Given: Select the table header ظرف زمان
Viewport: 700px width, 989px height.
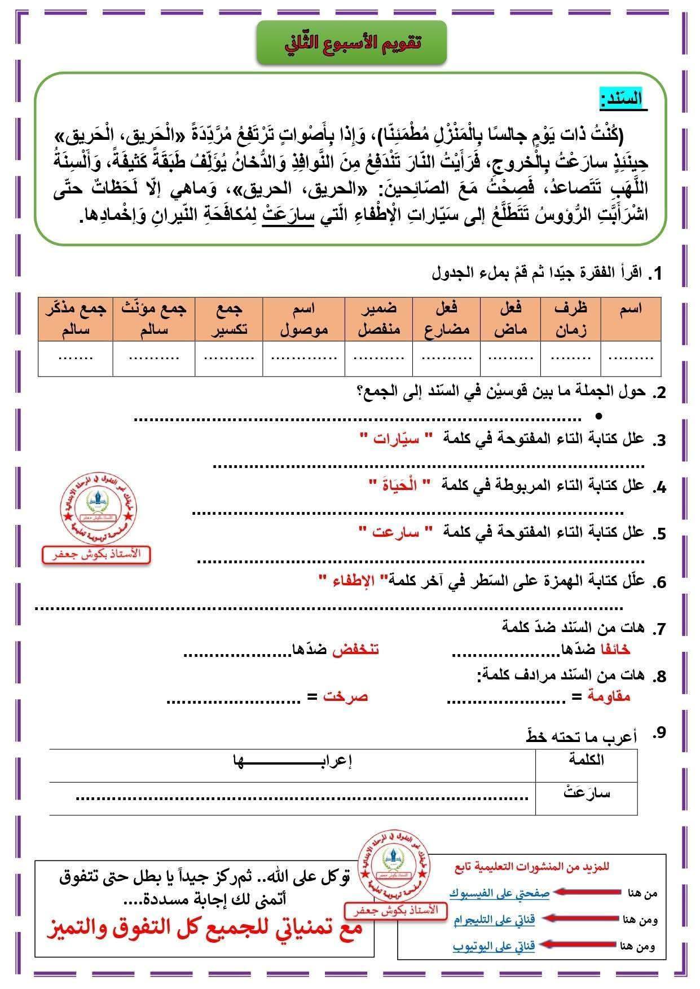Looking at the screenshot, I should click(x=570, y=319).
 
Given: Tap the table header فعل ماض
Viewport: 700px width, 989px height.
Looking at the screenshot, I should click(x=510, y=319).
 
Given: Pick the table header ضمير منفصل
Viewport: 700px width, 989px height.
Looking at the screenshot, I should click(x=378, y=319).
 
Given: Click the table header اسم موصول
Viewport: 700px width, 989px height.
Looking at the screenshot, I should click(x=303, y=319).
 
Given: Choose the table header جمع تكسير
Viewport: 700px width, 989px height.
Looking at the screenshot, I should click(x=229, y=319).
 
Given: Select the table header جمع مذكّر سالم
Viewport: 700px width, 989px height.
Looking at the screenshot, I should click(x=76, y=319).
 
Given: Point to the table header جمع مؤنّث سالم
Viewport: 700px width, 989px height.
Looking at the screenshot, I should click(x=153, y=319).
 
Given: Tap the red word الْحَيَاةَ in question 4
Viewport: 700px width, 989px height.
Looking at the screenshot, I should click(x=400, y=485).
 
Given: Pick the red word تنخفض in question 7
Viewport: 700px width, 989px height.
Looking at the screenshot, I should click(x=355, y=649).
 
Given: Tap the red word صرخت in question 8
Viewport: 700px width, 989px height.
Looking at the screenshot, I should click(x=345, y=696).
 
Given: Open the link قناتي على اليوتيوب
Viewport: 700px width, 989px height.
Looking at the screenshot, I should click(x=494, y=946).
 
